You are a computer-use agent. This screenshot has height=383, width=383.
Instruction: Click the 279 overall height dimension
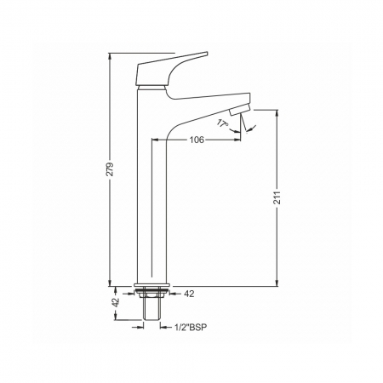pyautogui.click(x=110, y=169)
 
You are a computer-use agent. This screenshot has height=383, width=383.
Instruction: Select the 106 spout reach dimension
pyautogui.click(x=197, y=140)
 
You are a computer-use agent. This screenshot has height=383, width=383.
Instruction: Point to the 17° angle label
pyautogui.click(x=223, y=123)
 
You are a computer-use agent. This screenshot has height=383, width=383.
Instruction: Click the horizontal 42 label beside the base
pyautogui.click(x=189, y=294)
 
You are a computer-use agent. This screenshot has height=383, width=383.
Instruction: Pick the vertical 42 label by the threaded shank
pyautogui.click(x=116, y=302)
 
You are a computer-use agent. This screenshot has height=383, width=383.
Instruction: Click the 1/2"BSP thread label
pyautogui.click(x=191, y=327)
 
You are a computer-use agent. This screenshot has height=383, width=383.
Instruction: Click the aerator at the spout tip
pyautogui.click(x=240, y=110)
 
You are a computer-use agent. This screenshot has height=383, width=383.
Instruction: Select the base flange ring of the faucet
pyautogui.click(x=151, y=285)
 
